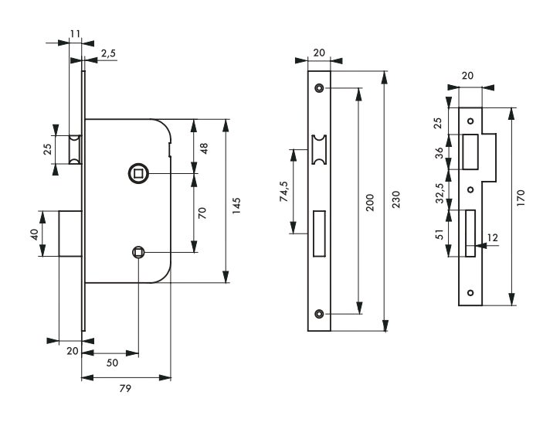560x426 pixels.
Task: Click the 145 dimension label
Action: [x=236, y=206]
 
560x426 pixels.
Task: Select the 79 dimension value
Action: [x=125, y=388]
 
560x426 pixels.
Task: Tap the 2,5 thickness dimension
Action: [x=108, y=53]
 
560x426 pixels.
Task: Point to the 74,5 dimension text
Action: [x=285, y=191]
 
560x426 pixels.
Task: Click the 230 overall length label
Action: [x=396, y=199]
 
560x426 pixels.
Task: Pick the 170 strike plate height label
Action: [x=521, y=198]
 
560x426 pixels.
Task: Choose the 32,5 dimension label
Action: [x=440, y=193]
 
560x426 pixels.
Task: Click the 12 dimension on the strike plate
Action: [x=493, y=237]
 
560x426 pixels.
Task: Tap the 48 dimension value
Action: [x=204, y=148]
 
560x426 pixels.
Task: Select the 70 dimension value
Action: [x=202, y=213]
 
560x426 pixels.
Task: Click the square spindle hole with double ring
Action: [x=137, y=173]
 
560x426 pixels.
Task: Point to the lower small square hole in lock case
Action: [x=138, y=252]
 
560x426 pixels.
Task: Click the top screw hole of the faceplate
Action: [x=319, y=87]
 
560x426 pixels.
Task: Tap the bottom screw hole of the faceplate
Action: [x=319, y=314]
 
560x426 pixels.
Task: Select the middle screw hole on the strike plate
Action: [x=470, y=189]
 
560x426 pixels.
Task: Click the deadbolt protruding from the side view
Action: [x=70, y=233]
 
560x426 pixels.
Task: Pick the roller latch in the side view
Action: [x=75, y=150]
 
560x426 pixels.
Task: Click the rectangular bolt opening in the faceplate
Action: [x=319, y=233]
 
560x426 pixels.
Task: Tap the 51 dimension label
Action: [x=440, y=235]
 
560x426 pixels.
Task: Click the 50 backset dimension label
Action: [x=112, y=363]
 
